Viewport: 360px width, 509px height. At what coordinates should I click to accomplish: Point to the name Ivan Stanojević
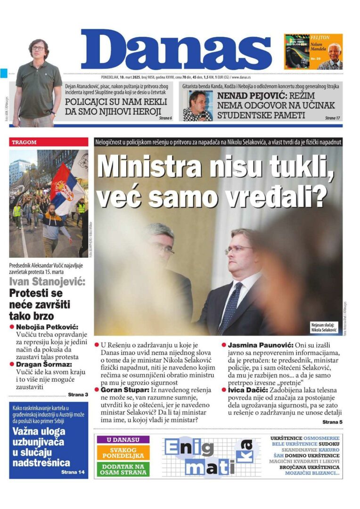point(48,282)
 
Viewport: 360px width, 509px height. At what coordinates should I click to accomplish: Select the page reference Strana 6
point(165,118)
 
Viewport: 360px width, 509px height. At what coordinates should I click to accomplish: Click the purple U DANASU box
point(123,440)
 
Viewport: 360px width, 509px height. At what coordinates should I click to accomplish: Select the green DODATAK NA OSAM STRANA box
point(123,469)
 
